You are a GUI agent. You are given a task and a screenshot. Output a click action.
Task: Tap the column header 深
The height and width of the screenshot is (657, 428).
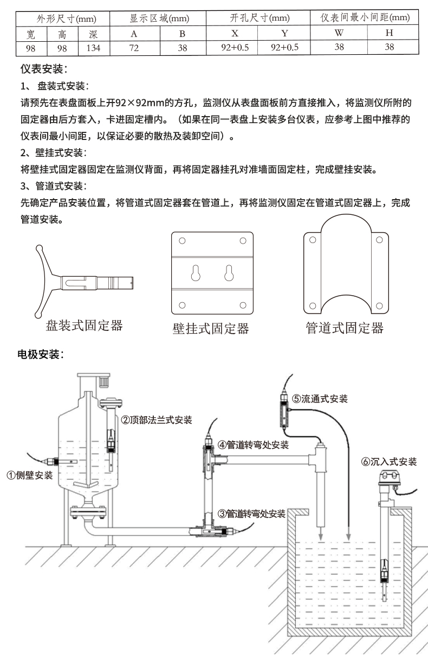click(93, 34)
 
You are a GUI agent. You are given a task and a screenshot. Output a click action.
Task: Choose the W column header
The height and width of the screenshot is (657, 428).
click(339, 34)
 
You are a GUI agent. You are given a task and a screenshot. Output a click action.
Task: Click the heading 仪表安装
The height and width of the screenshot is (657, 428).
click(44, 69)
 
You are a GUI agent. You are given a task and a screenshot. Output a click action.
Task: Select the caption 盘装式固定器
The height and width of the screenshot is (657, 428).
click(84, 326)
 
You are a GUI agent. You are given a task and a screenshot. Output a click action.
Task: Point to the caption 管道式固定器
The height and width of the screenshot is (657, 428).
click(344, 328)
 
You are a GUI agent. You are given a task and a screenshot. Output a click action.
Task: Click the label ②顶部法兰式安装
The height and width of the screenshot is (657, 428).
click(156, 419)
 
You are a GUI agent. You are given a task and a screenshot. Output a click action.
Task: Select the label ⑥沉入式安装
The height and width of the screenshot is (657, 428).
click(388, 462)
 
